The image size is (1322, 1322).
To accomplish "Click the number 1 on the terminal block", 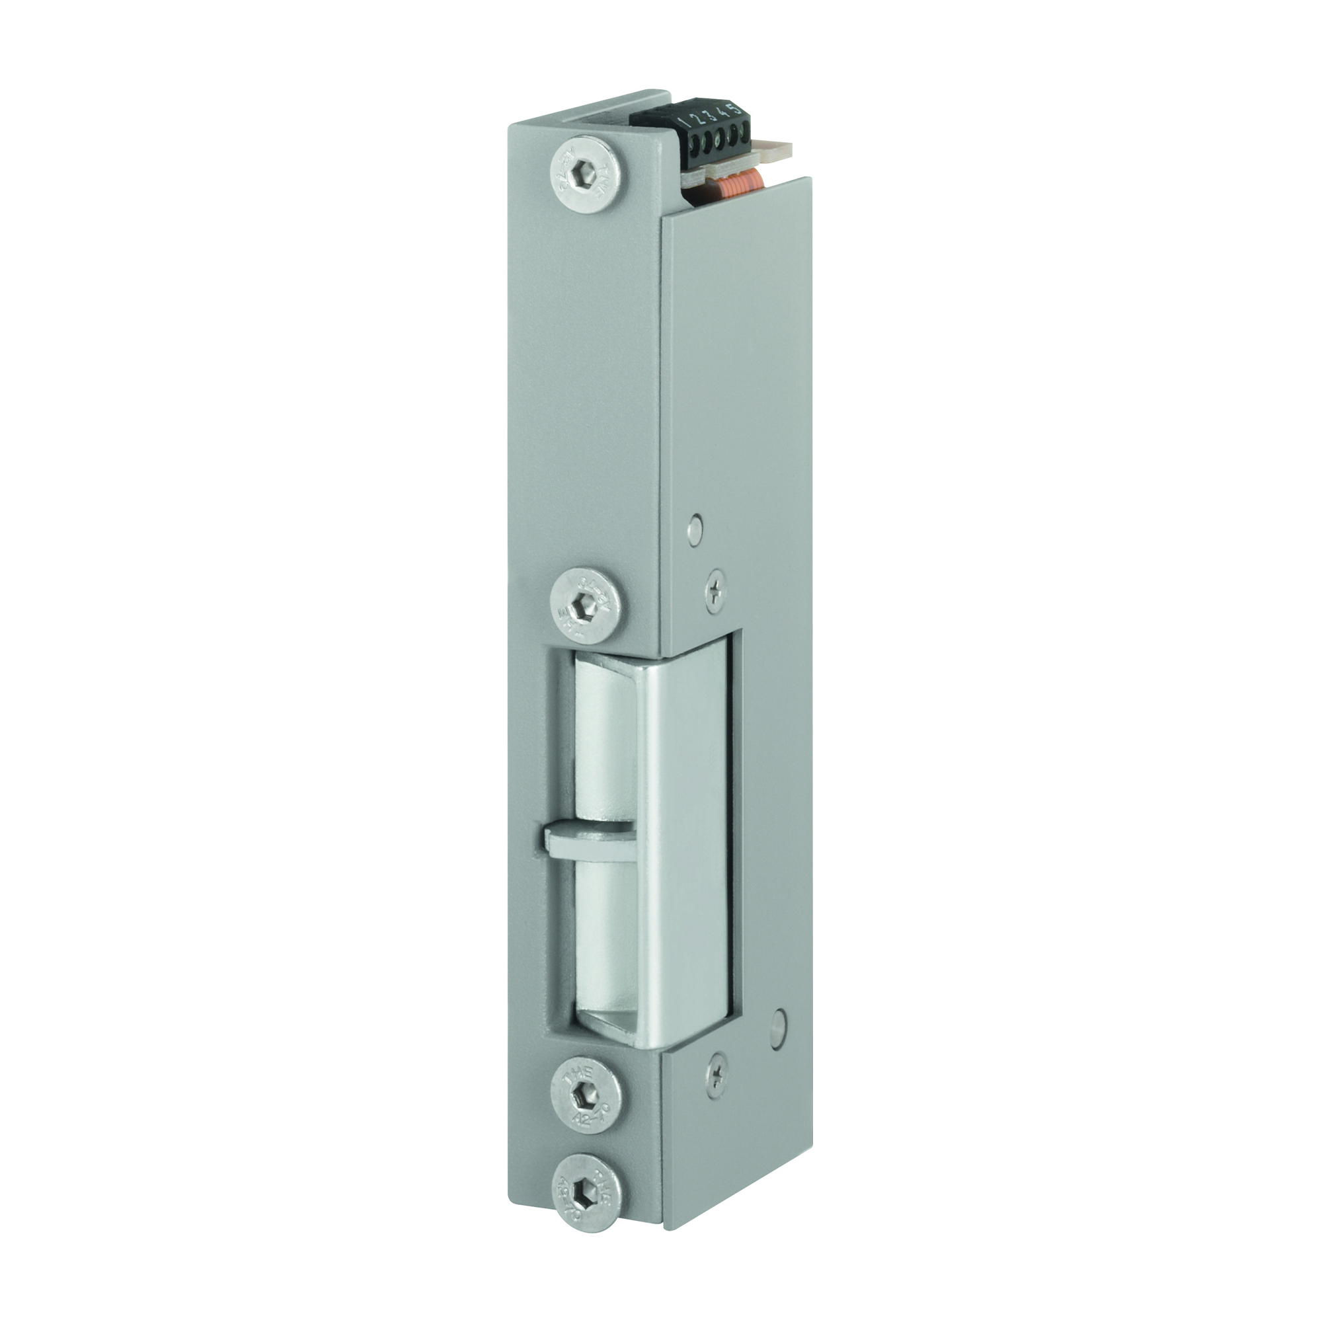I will [x=685, y=120].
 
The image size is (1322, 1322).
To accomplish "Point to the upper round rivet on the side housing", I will [x=695, y=527].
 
